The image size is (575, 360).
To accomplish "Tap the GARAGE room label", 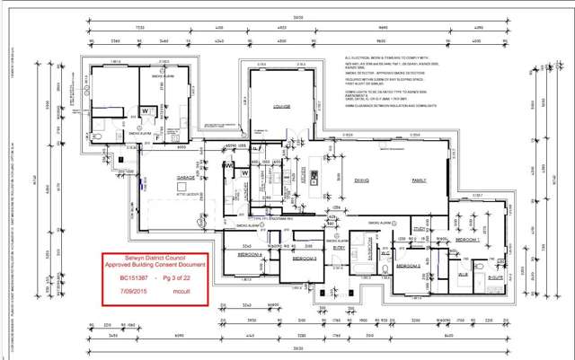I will (162, 178).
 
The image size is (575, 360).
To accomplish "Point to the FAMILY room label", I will (418, 180).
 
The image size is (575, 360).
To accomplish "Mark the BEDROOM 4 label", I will (249, 254).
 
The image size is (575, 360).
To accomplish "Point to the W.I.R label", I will (464, 274).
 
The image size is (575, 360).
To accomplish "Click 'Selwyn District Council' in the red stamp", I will (165, 257).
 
